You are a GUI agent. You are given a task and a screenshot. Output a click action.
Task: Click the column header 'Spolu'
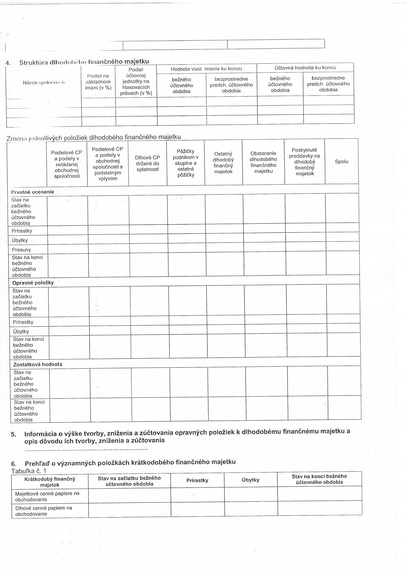[341, 162]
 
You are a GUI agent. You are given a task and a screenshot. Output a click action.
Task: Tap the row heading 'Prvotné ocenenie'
[33, 192]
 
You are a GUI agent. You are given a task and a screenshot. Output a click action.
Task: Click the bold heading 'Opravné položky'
[33, 283]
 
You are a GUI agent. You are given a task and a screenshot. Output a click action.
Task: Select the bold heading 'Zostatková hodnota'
[38, 364]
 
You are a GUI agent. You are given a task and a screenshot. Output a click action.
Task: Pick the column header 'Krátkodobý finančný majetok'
[50, 482]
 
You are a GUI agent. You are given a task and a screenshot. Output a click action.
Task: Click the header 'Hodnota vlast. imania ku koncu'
[206, 69]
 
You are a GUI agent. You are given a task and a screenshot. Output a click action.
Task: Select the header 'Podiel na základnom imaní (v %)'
[98, 82]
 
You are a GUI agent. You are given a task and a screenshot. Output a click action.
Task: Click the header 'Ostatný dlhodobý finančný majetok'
[223, 163]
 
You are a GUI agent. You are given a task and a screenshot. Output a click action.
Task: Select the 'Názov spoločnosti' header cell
[44, 82]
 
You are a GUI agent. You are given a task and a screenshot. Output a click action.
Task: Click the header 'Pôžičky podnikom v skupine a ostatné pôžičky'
[185, 163]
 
